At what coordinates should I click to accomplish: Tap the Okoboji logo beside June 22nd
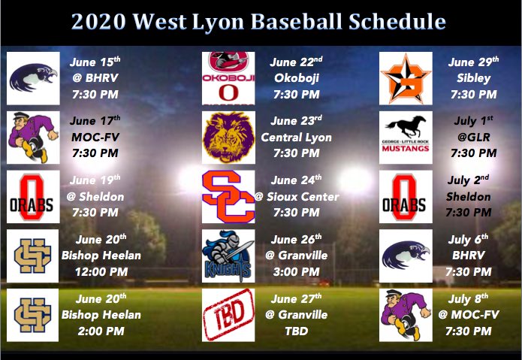[229, 77]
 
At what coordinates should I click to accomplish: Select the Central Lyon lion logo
[229, 137]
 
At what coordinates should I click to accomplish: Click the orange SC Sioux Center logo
[229, 196]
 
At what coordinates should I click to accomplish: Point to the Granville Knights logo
[229, 255]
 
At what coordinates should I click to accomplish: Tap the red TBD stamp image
[229, 314]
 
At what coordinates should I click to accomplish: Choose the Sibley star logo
[406, 77]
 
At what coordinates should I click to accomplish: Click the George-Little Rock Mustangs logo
[406, 137]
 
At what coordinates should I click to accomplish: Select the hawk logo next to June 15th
[34, 77]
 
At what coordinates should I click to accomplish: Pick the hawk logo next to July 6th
[406, 255]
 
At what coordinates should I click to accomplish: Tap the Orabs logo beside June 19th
[34, 196]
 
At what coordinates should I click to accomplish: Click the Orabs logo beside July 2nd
[406, 196]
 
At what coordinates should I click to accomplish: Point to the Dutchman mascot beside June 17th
[34, 137]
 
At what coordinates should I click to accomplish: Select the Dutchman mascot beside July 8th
[406, 314]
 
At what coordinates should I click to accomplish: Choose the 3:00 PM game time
[300, 271]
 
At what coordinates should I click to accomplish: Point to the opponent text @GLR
[473, 138]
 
